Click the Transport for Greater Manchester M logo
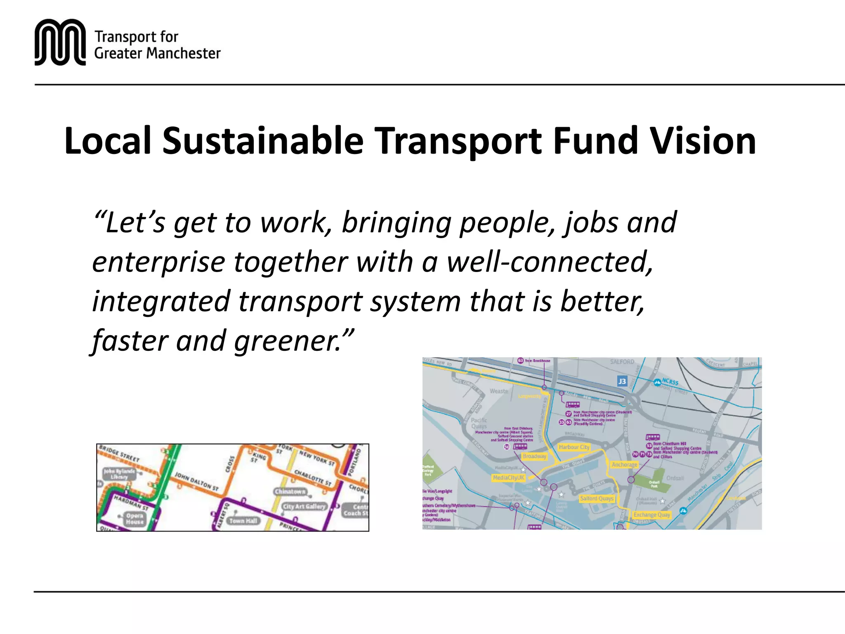click(60, 42)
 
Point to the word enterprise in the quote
click(158, 263)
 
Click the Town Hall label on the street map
click(243, 521)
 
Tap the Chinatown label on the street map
click(290, 492)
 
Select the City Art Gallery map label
click(304, 506)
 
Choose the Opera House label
click(135, 519)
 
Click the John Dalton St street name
click(196, 481)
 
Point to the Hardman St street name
click(131, 503)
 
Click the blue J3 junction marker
click(622, 381)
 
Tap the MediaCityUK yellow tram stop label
click(508, 478)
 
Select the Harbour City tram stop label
click(574, 447)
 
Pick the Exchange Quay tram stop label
click(651, 515)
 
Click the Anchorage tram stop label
click(624, 465)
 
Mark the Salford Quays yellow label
click(597, 499)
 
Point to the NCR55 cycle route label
click(670, 382)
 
